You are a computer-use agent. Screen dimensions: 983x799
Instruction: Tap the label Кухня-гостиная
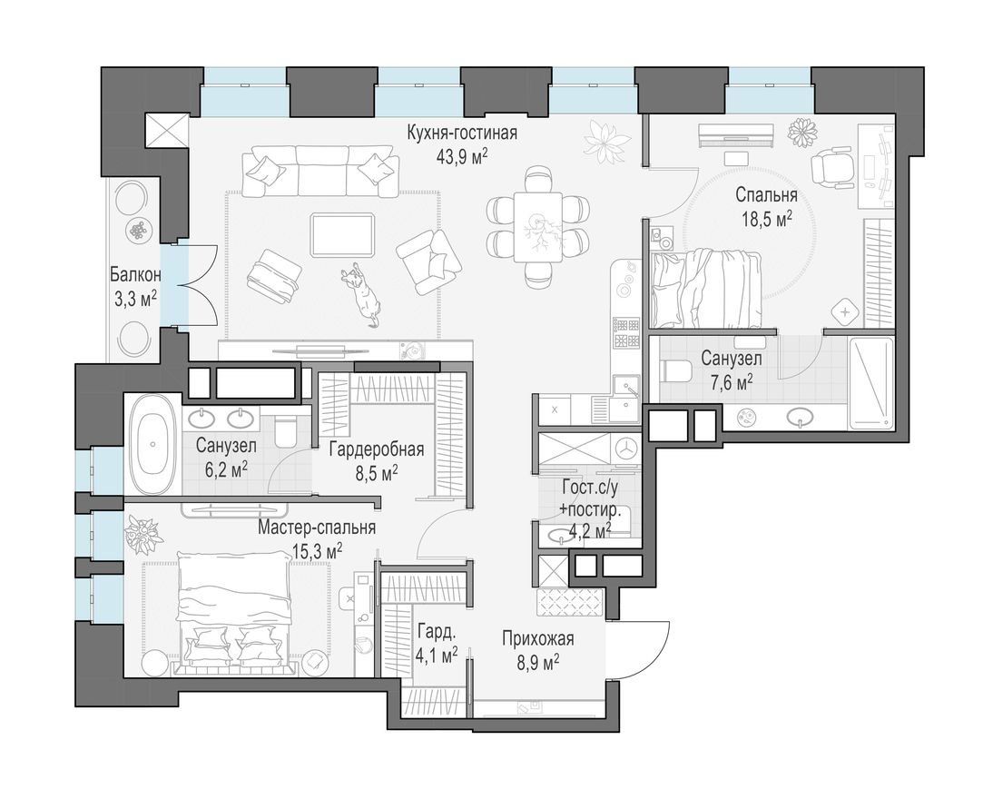(x=462, y=133)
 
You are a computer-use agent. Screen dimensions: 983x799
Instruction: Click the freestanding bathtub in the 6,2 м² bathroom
(x=153, y=444)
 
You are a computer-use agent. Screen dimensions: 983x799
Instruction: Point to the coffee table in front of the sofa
(x=343, y=235)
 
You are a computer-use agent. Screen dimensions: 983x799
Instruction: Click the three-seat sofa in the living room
(x=321, y=172)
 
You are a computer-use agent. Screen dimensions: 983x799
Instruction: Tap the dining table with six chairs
(x=538, y=226)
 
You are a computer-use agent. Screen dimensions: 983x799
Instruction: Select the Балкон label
(x=135, y=275)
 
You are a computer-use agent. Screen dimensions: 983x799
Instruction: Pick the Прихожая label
(x=538, y=639)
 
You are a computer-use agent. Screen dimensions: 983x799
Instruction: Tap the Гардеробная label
(x=377, y=449)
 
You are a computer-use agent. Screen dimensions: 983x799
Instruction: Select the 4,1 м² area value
(x=436, y=656)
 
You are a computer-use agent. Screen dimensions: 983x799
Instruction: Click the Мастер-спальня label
(x=317, y=528)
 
